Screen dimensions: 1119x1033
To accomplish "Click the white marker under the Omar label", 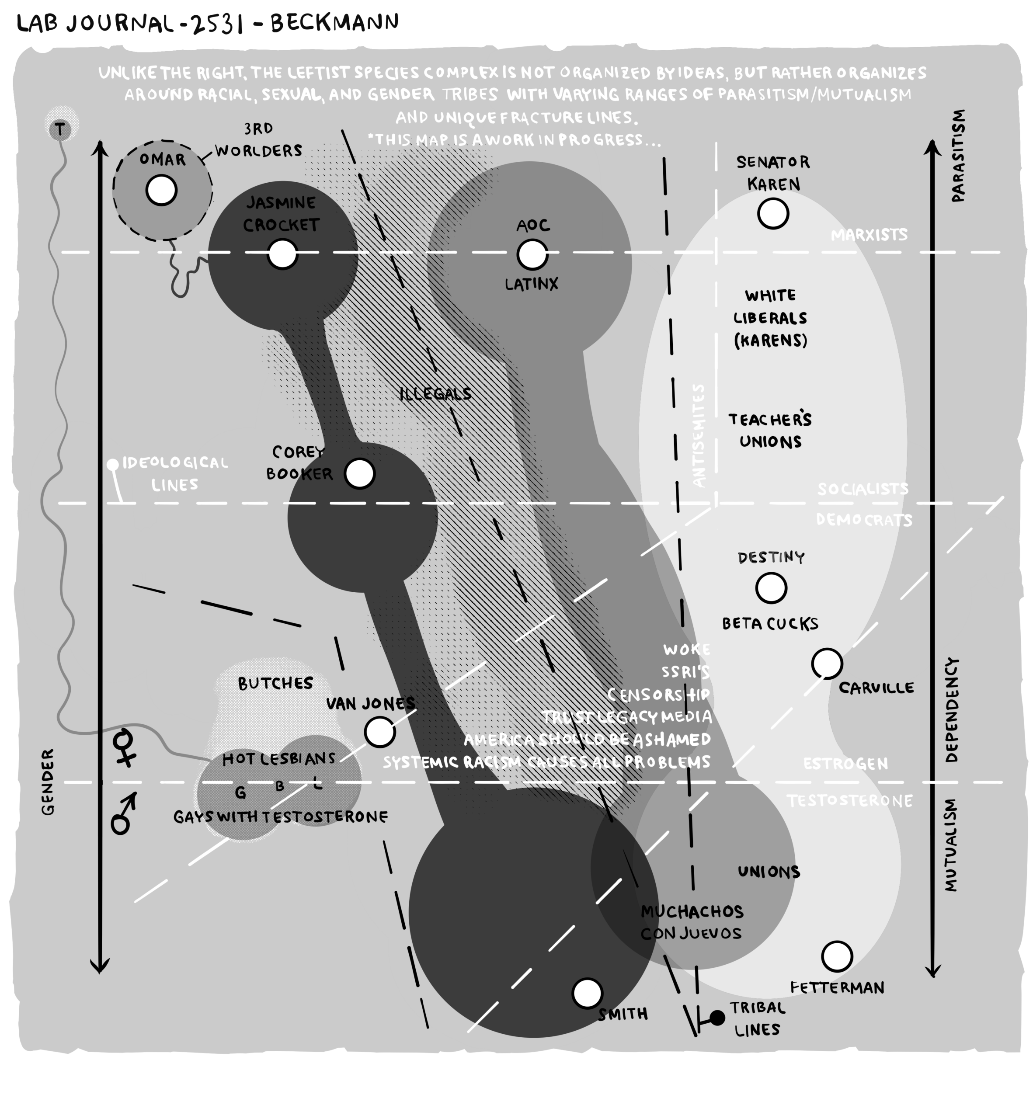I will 162,190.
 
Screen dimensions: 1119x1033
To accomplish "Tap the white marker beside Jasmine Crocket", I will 282,254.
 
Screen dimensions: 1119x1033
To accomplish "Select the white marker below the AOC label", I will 532,255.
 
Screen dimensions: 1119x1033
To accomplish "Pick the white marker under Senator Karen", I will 773,213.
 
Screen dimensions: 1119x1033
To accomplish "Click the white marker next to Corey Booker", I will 360,473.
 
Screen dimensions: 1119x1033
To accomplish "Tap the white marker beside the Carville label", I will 827,664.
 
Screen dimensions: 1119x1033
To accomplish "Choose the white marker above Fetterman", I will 837,956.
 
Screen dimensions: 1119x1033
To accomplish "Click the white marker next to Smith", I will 588,993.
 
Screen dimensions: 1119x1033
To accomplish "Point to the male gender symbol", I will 124,814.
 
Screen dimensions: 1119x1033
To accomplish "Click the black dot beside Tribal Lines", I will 717,1018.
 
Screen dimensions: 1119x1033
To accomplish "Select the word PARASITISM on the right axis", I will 958,155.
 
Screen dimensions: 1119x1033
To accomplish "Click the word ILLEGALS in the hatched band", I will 436,394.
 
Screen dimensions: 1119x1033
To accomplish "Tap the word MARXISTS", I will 869,235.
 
